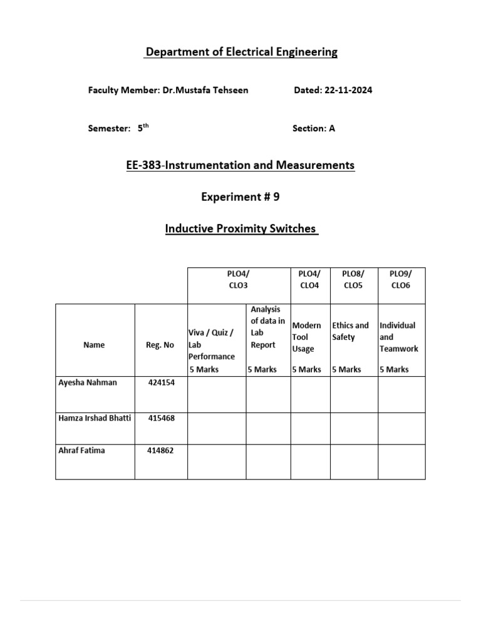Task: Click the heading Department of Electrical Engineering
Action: point(241,53)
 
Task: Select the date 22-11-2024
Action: point(349,90)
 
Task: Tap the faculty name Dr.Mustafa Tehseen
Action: point(205,90)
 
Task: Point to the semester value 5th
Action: point(143,128)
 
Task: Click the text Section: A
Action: point(314,128)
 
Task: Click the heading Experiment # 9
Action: point(240,197)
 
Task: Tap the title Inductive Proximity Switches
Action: point(241,229)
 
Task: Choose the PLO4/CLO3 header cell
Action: point(239,279)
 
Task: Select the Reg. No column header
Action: point(160,345)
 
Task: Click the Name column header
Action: point(94,345)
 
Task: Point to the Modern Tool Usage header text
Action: point(307,337)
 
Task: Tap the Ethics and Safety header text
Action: point(350,331)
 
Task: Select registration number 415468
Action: point(161,418)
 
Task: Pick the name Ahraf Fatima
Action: point(83,451)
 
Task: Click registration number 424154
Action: point(161,383)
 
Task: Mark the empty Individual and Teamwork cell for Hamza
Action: point(401,429)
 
